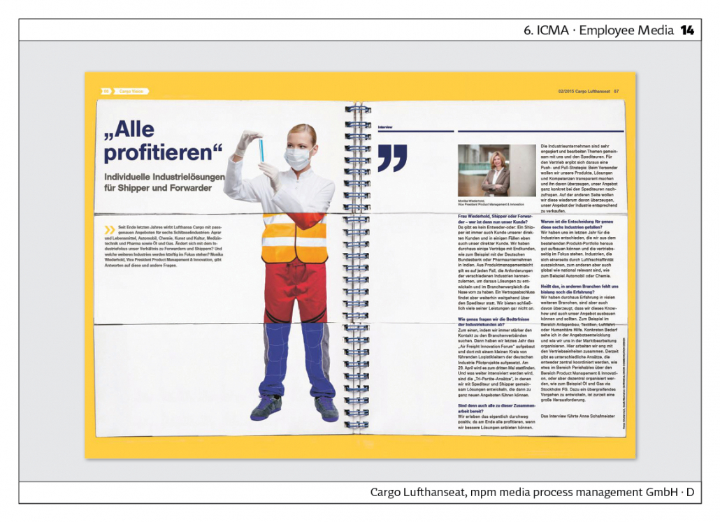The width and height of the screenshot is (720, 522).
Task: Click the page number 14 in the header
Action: [687, 30]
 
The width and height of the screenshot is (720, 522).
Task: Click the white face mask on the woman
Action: [298, 158]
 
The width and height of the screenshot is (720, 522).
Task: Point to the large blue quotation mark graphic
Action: [392, 158]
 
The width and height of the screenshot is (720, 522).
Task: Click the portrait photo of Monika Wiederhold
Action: [497, 171]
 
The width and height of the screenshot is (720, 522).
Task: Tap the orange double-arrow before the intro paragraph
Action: [110, 229]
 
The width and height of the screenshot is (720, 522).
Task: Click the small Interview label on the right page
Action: [385, 126]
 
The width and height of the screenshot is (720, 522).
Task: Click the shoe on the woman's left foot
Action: [326, 407]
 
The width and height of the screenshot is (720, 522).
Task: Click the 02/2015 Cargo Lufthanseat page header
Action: [584, 91]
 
